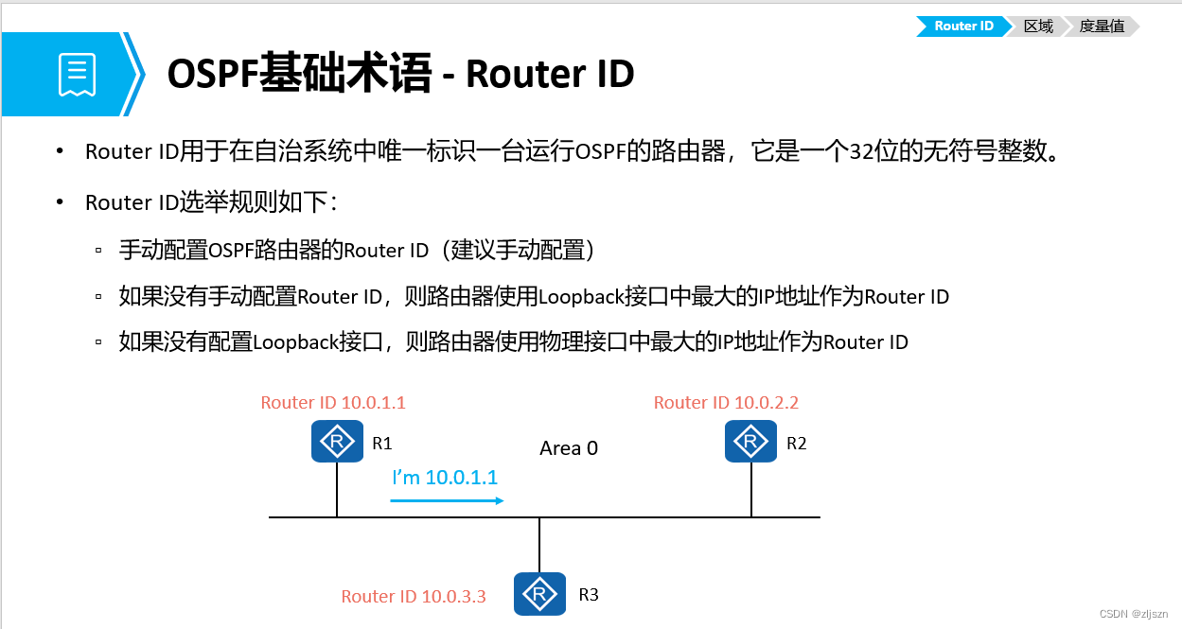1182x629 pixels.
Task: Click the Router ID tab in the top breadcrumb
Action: [x=962, y=26]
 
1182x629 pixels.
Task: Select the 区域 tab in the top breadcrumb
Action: [x=1038, y=26]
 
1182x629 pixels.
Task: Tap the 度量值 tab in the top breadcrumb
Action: [x=1102, y=26]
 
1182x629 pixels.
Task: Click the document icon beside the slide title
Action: [x=77, y=75]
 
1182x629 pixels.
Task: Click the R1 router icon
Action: [x=337, y=442]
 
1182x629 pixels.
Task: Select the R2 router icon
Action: [x=750, y=442]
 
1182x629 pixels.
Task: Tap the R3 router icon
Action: [x=539, y=594]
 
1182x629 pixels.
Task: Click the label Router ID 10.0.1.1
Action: [x=333, y=403]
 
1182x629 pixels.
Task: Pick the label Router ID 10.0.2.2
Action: [x=726, y=403]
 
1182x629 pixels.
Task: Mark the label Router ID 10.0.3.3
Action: [x=414, y=597]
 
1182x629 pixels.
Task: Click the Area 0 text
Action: [x=569, y=448]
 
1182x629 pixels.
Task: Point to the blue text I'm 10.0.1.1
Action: [x=445, y=478]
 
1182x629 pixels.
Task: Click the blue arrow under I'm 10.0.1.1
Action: [x=447, y=500]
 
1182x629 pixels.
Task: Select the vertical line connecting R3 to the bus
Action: [x=539, y=545]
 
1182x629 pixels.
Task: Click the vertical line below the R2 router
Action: [x=751, y=490]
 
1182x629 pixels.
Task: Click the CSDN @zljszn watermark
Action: [x=1136, y=614]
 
